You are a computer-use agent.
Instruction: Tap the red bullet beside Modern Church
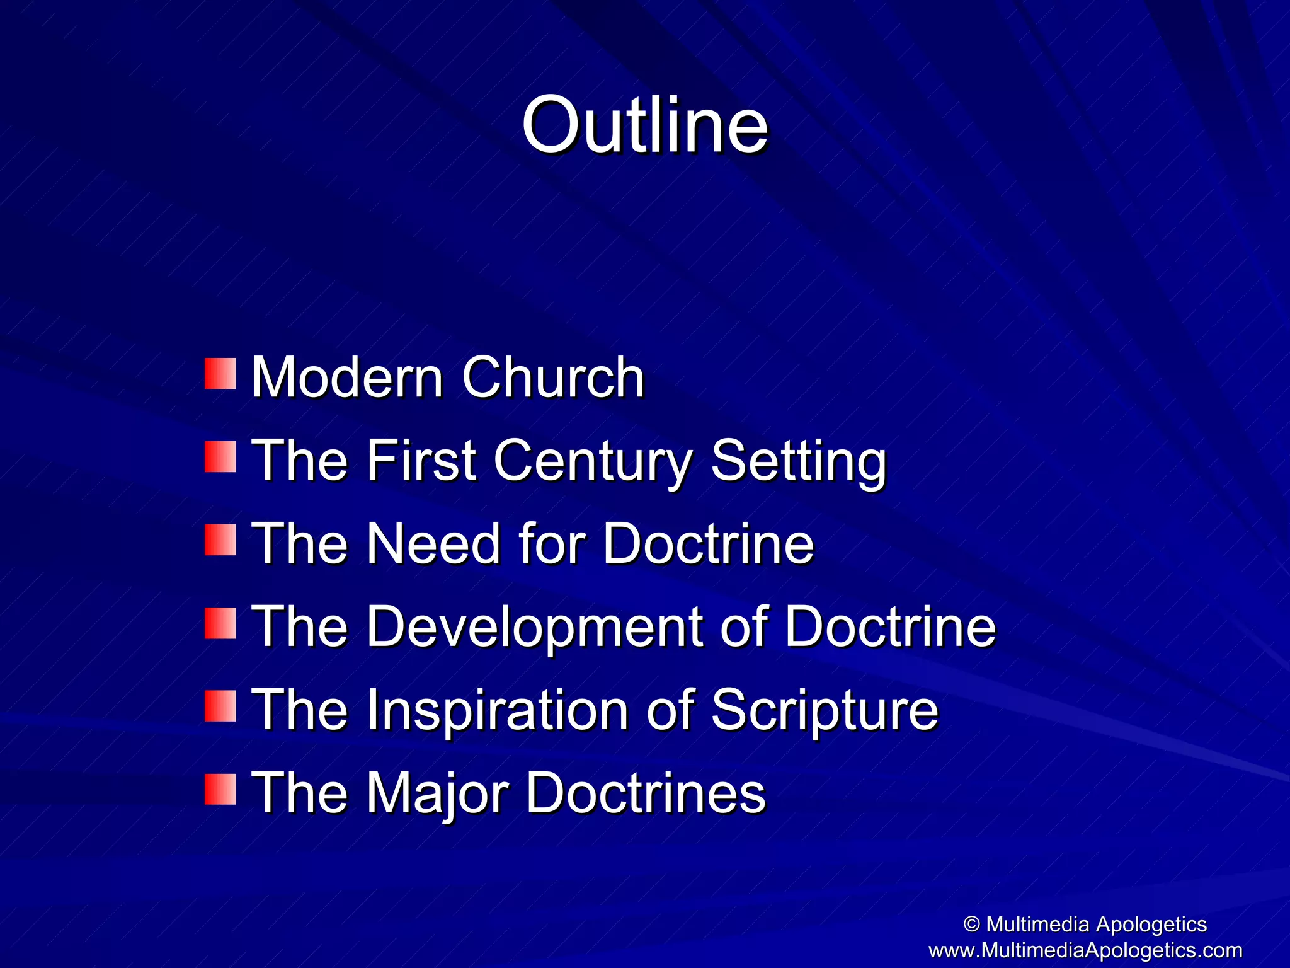coord(220,374)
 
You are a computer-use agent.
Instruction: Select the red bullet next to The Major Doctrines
coord(220,790)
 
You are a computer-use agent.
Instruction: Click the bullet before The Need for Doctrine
coord(220,540)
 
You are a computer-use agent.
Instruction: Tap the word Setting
coord(799,461)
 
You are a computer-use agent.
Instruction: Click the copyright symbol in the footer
coord(972,925)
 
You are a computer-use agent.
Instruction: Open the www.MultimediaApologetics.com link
coord(1085,950)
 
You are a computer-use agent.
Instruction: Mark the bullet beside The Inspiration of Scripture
coord(220,706)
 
